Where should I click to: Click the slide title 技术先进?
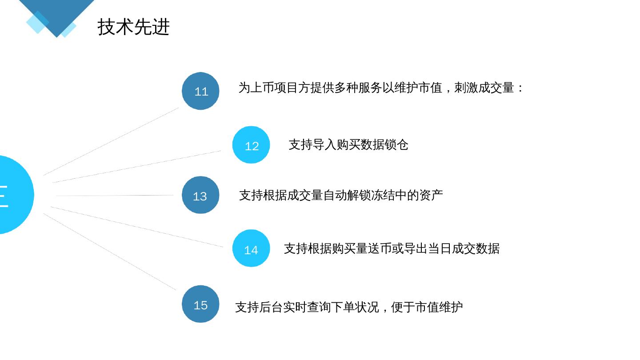[x=133, y=27]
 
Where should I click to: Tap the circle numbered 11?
[x=200, y=91]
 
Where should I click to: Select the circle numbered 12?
[x=251, y=145]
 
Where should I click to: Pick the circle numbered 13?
[x=200, y=195]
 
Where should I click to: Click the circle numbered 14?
[x=251, y=248]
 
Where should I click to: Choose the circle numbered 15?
[x=200, y=304]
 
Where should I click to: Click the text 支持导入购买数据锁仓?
[x=348, y=145]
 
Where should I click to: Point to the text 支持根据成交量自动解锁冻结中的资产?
[x=341, y=195]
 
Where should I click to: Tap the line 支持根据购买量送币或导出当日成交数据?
[x=392, y=248]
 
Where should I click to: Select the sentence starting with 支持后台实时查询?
[x=349, y=307]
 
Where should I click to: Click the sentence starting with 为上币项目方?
[x=381, y=88]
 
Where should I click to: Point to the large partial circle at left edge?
[x=13, y=195]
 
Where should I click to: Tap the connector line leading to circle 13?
[x=115, y=196]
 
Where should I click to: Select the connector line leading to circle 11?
[x=111, y=141]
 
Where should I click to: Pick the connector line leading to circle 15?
[x=110, y=252]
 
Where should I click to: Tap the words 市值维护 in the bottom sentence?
[x=439, y=307]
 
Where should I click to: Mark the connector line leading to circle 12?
[x=137, y=167]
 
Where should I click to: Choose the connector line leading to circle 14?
[x=137, y=227]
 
